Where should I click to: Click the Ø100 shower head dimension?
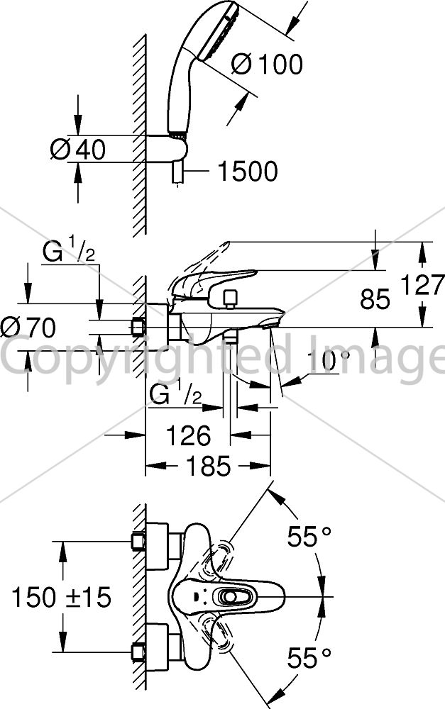tap(267, 65)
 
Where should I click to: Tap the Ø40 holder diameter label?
tap(78, 149)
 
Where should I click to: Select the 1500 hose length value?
tap(248, 172)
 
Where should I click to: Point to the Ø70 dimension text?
tap(28, 327)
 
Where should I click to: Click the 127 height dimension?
tap(423, 286)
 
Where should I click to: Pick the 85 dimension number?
tap(375, 299)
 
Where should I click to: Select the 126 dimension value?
tap(188, 435)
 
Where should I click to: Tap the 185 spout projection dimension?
tap(209, 466)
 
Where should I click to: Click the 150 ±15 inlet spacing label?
tap(61, 597)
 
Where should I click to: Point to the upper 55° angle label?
tap(309, 537)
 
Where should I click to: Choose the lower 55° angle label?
tap(309, 657)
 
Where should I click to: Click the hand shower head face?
tap(220, 32)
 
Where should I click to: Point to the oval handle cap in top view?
tap(233, 597)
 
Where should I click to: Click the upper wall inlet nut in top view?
tap(138, 541)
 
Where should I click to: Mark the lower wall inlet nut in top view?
tap(138, 652)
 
